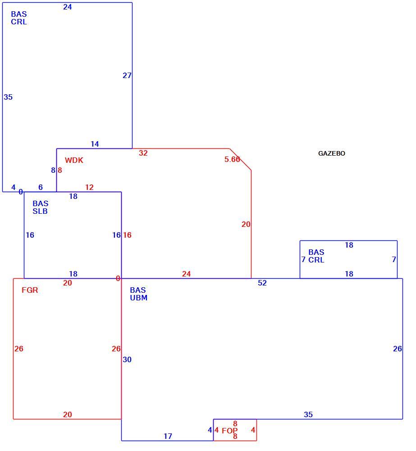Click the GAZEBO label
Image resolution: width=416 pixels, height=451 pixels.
click(331, 153)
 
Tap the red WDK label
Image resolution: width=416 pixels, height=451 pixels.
click(74, 160)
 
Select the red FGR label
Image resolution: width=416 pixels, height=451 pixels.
click(30, 290)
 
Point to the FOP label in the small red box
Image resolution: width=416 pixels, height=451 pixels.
click(230, 431)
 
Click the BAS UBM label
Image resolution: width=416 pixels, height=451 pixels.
click(138, 294)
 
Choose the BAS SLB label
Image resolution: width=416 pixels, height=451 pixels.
click(40, 207)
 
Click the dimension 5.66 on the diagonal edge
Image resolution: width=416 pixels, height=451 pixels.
click(232, 159)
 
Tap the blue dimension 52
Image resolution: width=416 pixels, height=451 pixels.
click(262, 283)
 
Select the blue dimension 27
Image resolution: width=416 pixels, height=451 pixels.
click(127, 75)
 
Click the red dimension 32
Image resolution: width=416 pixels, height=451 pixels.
click(143, 153)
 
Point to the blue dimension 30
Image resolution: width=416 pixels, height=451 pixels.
click(127, 359)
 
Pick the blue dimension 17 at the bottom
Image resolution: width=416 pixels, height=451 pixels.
click(168, 436)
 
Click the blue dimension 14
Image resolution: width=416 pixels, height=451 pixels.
click(95, 144)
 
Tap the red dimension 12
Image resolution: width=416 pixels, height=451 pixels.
click(89, 187)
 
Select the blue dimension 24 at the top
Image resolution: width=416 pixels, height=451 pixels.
click(68, 7)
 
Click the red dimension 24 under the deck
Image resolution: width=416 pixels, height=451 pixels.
click(186, 274)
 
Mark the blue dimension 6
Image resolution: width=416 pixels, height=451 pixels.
click(41, 187)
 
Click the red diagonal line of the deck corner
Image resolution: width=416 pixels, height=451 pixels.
click(240, 159)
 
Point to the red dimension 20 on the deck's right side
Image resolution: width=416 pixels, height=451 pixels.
click(246, 224)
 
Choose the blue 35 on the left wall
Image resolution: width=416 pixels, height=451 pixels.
click(8, 97)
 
